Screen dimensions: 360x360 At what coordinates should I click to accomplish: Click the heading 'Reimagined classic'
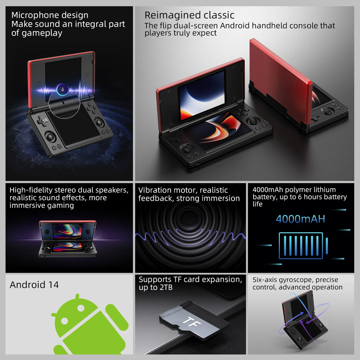pyautogui.click(x=189, y=15)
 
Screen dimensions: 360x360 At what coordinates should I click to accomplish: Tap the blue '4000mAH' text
pyautogui.click(x=300, y=219)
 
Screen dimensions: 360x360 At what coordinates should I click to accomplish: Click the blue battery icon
pyautogui.click(x=301, y=245)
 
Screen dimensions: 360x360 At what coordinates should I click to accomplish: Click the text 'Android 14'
pyautogui.click(x=34, y=284)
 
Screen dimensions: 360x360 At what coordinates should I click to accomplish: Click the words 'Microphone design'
pyautogui.click(x=50, y=15)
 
